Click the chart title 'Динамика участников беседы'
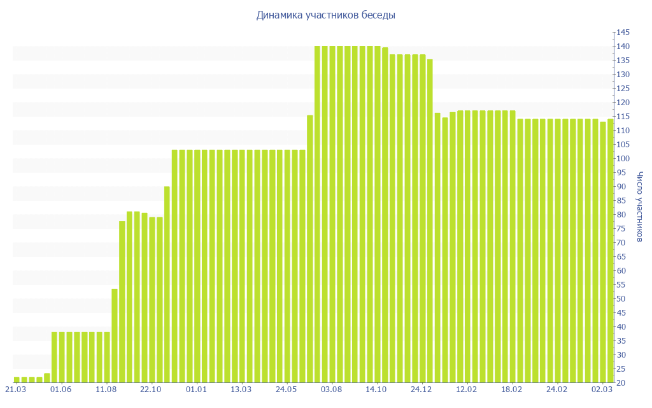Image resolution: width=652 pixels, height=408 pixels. (x=325, y=15)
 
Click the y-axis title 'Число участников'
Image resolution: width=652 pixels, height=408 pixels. (x=640, y=207)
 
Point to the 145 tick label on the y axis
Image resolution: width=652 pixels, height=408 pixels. (x=622, y=33)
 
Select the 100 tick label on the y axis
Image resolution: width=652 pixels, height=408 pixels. (x=622, y=159)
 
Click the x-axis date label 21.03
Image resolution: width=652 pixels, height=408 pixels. (x=16, y=389)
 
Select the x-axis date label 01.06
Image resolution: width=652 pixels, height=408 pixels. (x=60, y=389)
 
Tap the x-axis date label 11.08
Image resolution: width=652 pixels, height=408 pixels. (x=106, y=389)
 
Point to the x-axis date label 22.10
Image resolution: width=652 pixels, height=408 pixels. (x=151, y=389)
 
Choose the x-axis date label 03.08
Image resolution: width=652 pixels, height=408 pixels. (x=332, y=389)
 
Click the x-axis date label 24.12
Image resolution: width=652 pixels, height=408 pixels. (x=422, y=389)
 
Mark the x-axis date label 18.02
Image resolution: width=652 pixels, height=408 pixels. (x=512, y=389)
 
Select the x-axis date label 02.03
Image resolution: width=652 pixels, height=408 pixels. (x=602, y=389)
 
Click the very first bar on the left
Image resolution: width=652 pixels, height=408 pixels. (x=17, y=380)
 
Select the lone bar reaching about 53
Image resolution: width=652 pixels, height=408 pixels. (x=115, y=335)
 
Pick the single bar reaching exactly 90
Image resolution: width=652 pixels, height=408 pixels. (x=167, y=284)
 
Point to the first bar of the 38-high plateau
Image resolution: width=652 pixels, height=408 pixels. (x=54, y=357)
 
